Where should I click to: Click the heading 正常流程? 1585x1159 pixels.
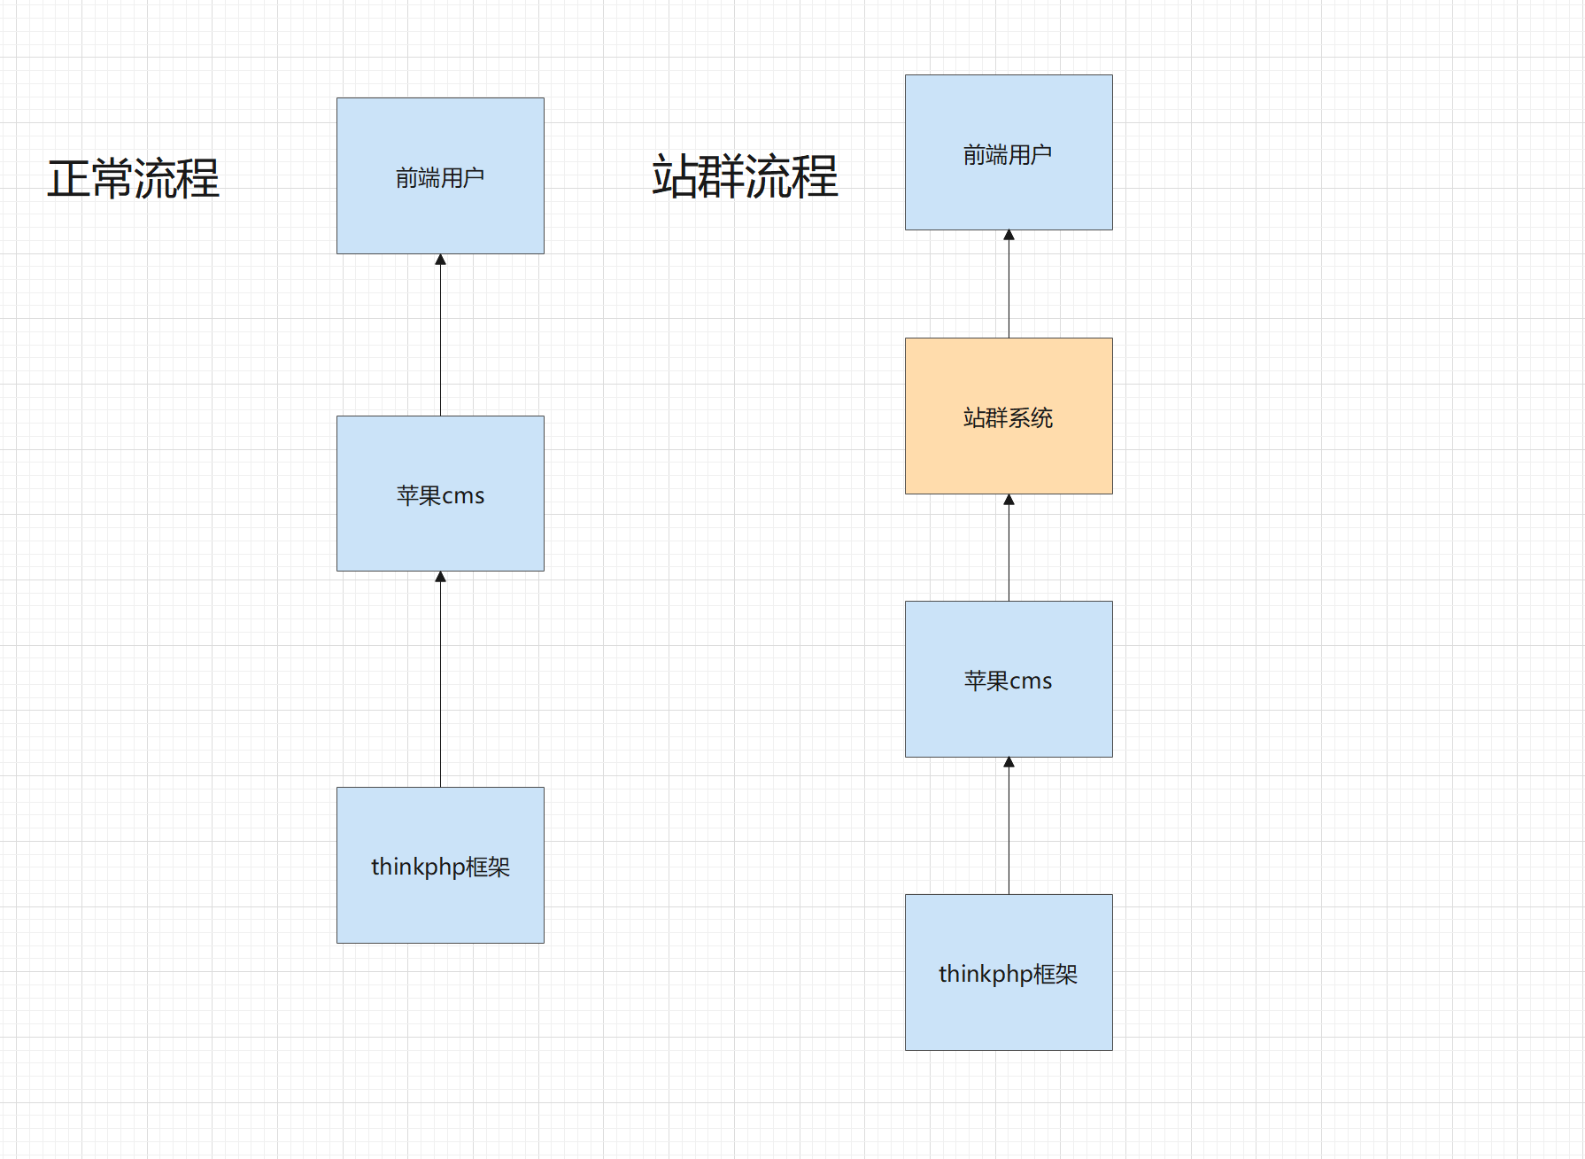133,178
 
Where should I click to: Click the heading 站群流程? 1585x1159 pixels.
745,176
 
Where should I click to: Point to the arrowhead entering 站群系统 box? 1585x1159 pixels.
1009,500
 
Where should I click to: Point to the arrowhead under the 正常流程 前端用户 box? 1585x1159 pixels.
440,260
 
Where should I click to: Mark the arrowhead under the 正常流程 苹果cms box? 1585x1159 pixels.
440,577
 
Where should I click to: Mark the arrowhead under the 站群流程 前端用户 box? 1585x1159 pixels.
1009,236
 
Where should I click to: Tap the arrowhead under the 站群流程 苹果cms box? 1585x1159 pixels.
1009,763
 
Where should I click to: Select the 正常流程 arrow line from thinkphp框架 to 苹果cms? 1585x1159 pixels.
440,682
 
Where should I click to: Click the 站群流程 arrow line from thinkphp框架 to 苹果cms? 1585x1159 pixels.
1009,828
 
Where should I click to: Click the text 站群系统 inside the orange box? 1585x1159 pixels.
1009,417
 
